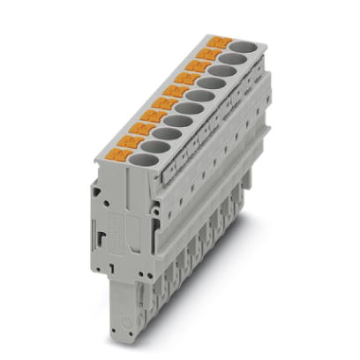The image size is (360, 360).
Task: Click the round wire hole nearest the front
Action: [134, 158]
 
